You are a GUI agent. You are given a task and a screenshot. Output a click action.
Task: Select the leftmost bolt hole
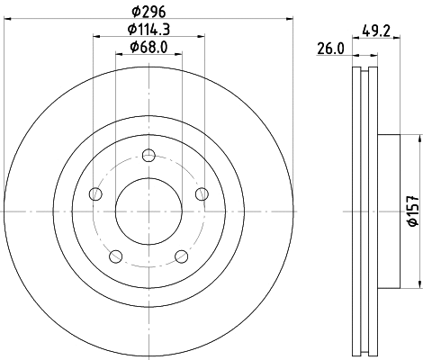pyautogui.click(x=96, y=194)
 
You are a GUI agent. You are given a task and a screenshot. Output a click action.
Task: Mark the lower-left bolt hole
pyautogui.click(x=116, y=256)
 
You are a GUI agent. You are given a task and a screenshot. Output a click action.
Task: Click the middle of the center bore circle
pyautogui.click(x=148, y=211)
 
